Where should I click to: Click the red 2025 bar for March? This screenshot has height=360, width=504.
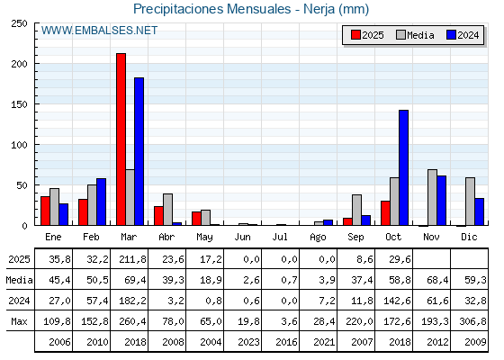pyautogui.click(x=121, y=139)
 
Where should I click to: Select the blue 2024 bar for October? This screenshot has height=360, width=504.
pyautogui.click(x=403, y=167)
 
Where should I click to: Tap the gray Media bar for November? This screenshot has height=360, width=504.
pyautogui.click(x=432, y=197)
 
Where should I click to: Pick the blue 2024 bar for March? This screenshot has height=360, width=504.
pyautogui.click(x=139, y=151)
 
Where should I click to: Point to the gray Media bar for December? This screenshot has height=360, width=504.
pyautogui.click(x=470, y=201)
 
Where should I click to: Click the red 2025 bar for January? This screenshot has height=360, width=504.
pyautogui.click(x=45, y=211)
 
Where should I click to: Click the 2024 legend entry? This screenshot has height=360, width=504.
pyautogui.click(x=461, y=35)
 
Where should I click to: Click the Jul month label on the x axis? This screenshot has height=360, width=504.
pyautogui.click(x=281, y=236)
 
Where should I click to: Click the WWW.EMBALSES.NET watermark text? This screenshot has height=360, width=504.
pyautogui.click(x=99, y=31)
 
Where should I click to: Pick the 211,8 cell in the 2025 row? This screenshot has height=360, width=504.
pyautogui.click(x=130, y=258)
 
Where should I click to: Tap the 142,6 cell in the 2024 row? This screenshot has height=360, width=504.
pyautogui.click(x=394, y=300)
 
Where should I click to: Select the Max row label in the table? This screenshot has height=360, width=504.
pyautogui.click(x=18, y=320)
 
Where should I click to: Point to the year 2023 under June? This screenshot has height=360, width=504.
pyautogui.click(x=243, y=341)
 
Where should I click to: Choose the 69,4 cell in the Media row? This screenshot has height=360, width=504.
pyautogui.click(x=130, y=279)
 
